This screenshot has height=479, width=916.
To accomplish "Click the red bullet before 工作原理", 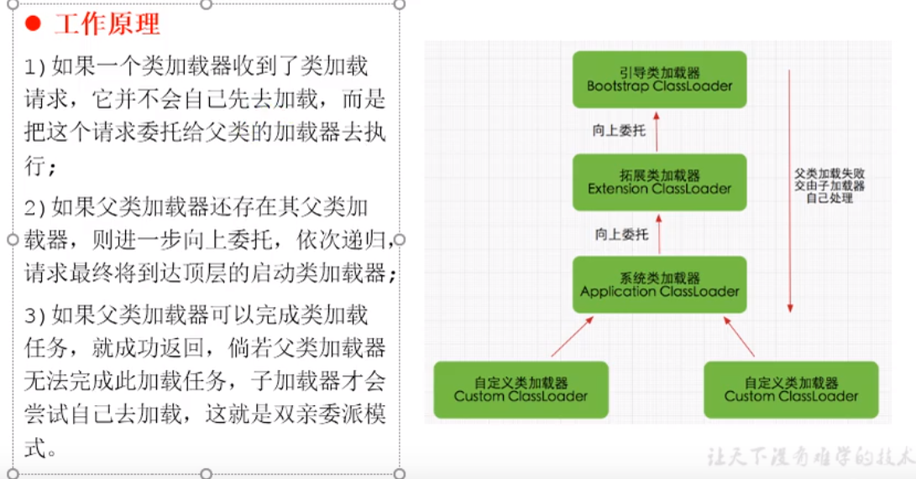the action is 33,24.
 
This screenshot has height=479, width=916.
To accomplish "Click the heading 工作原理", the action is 107,24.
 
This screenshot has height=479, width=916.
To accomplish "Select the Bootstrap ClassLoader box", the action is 659,80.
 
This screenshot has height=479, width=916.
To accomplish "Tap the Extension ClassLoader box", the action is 659,182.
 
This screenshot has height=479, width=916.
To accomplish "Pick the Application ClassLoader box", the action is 659,285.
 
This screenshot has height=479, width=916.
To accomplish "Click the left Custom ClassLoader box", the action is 521,390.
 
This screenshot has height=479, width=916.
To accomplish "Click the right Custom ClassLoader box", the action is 791,390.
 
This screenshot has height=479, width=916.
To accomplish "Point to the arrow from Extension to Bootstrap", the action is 659,130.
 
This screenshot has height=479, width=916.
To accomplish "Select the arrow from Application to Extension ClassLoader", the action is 659,234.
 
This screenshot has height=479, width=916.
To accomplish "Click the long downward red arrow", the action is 790,193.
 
